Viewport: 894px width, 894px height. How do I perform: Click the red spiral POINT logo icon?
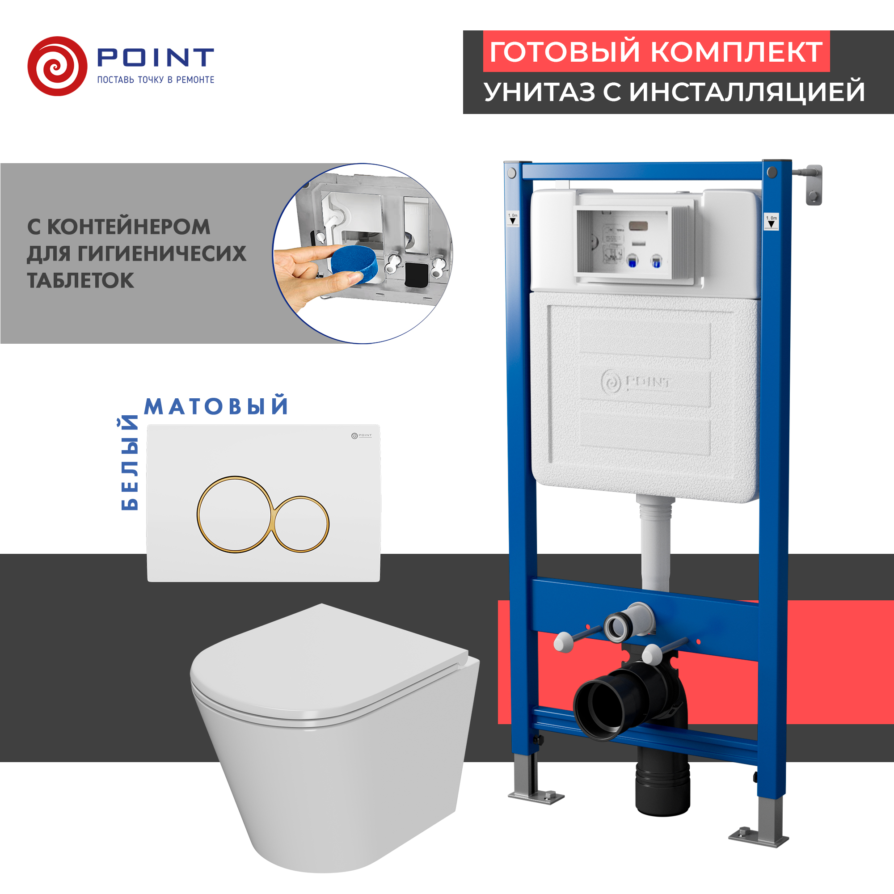pyautogui.click(x=57, y=66)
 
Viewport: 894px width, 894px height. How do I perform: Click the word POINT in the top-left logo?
pyautogui.click(x=156, y=58)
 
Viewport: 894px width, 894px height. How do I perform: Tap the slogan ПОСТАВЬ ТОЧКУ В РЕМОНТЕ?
pyautogui.click(x=156, y=80)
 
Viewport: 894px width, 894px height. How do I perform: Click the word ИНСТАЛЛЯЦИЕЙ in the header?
pyautogui.click(x=747, y=92)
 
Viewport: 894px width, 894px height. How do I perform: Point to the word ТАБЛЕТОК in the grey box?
pyautogui.click(x=80, y=280)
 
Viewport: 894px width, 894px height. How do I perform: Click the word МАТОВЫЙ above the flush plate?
pyautogui.click(x=216, y=406)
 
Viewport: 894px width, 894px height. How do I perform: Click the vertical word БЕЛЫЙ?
pyautogui.click(x=129, y=463)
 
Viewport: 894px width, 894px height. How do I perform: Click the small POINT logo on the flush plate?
pyautogui.click(x=361, y=435)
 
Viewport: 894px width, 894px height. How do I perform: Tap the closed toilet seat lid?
pyautogui.click(x=324, y=666)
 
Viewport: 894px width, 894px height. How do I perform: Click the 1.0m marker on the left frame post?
pyautogui.click(x=513, y=219)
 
